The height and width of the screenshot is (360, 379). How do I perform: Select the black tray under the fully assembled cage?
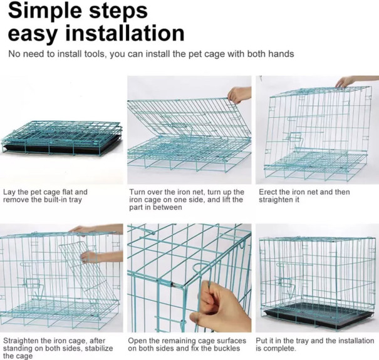pyautogui.click(x=318, y=316)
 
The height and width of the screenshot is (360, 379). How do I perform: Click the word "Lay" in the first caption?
pyautogui.click(x=10, y=192)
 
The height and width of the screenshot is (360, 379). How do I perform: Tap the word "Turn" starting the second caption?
pyautogui.click(x=138, y=192)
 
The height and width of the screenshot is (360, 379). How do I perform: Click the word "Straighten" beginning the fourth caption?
pyautogui.click(x=23, y=341)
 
